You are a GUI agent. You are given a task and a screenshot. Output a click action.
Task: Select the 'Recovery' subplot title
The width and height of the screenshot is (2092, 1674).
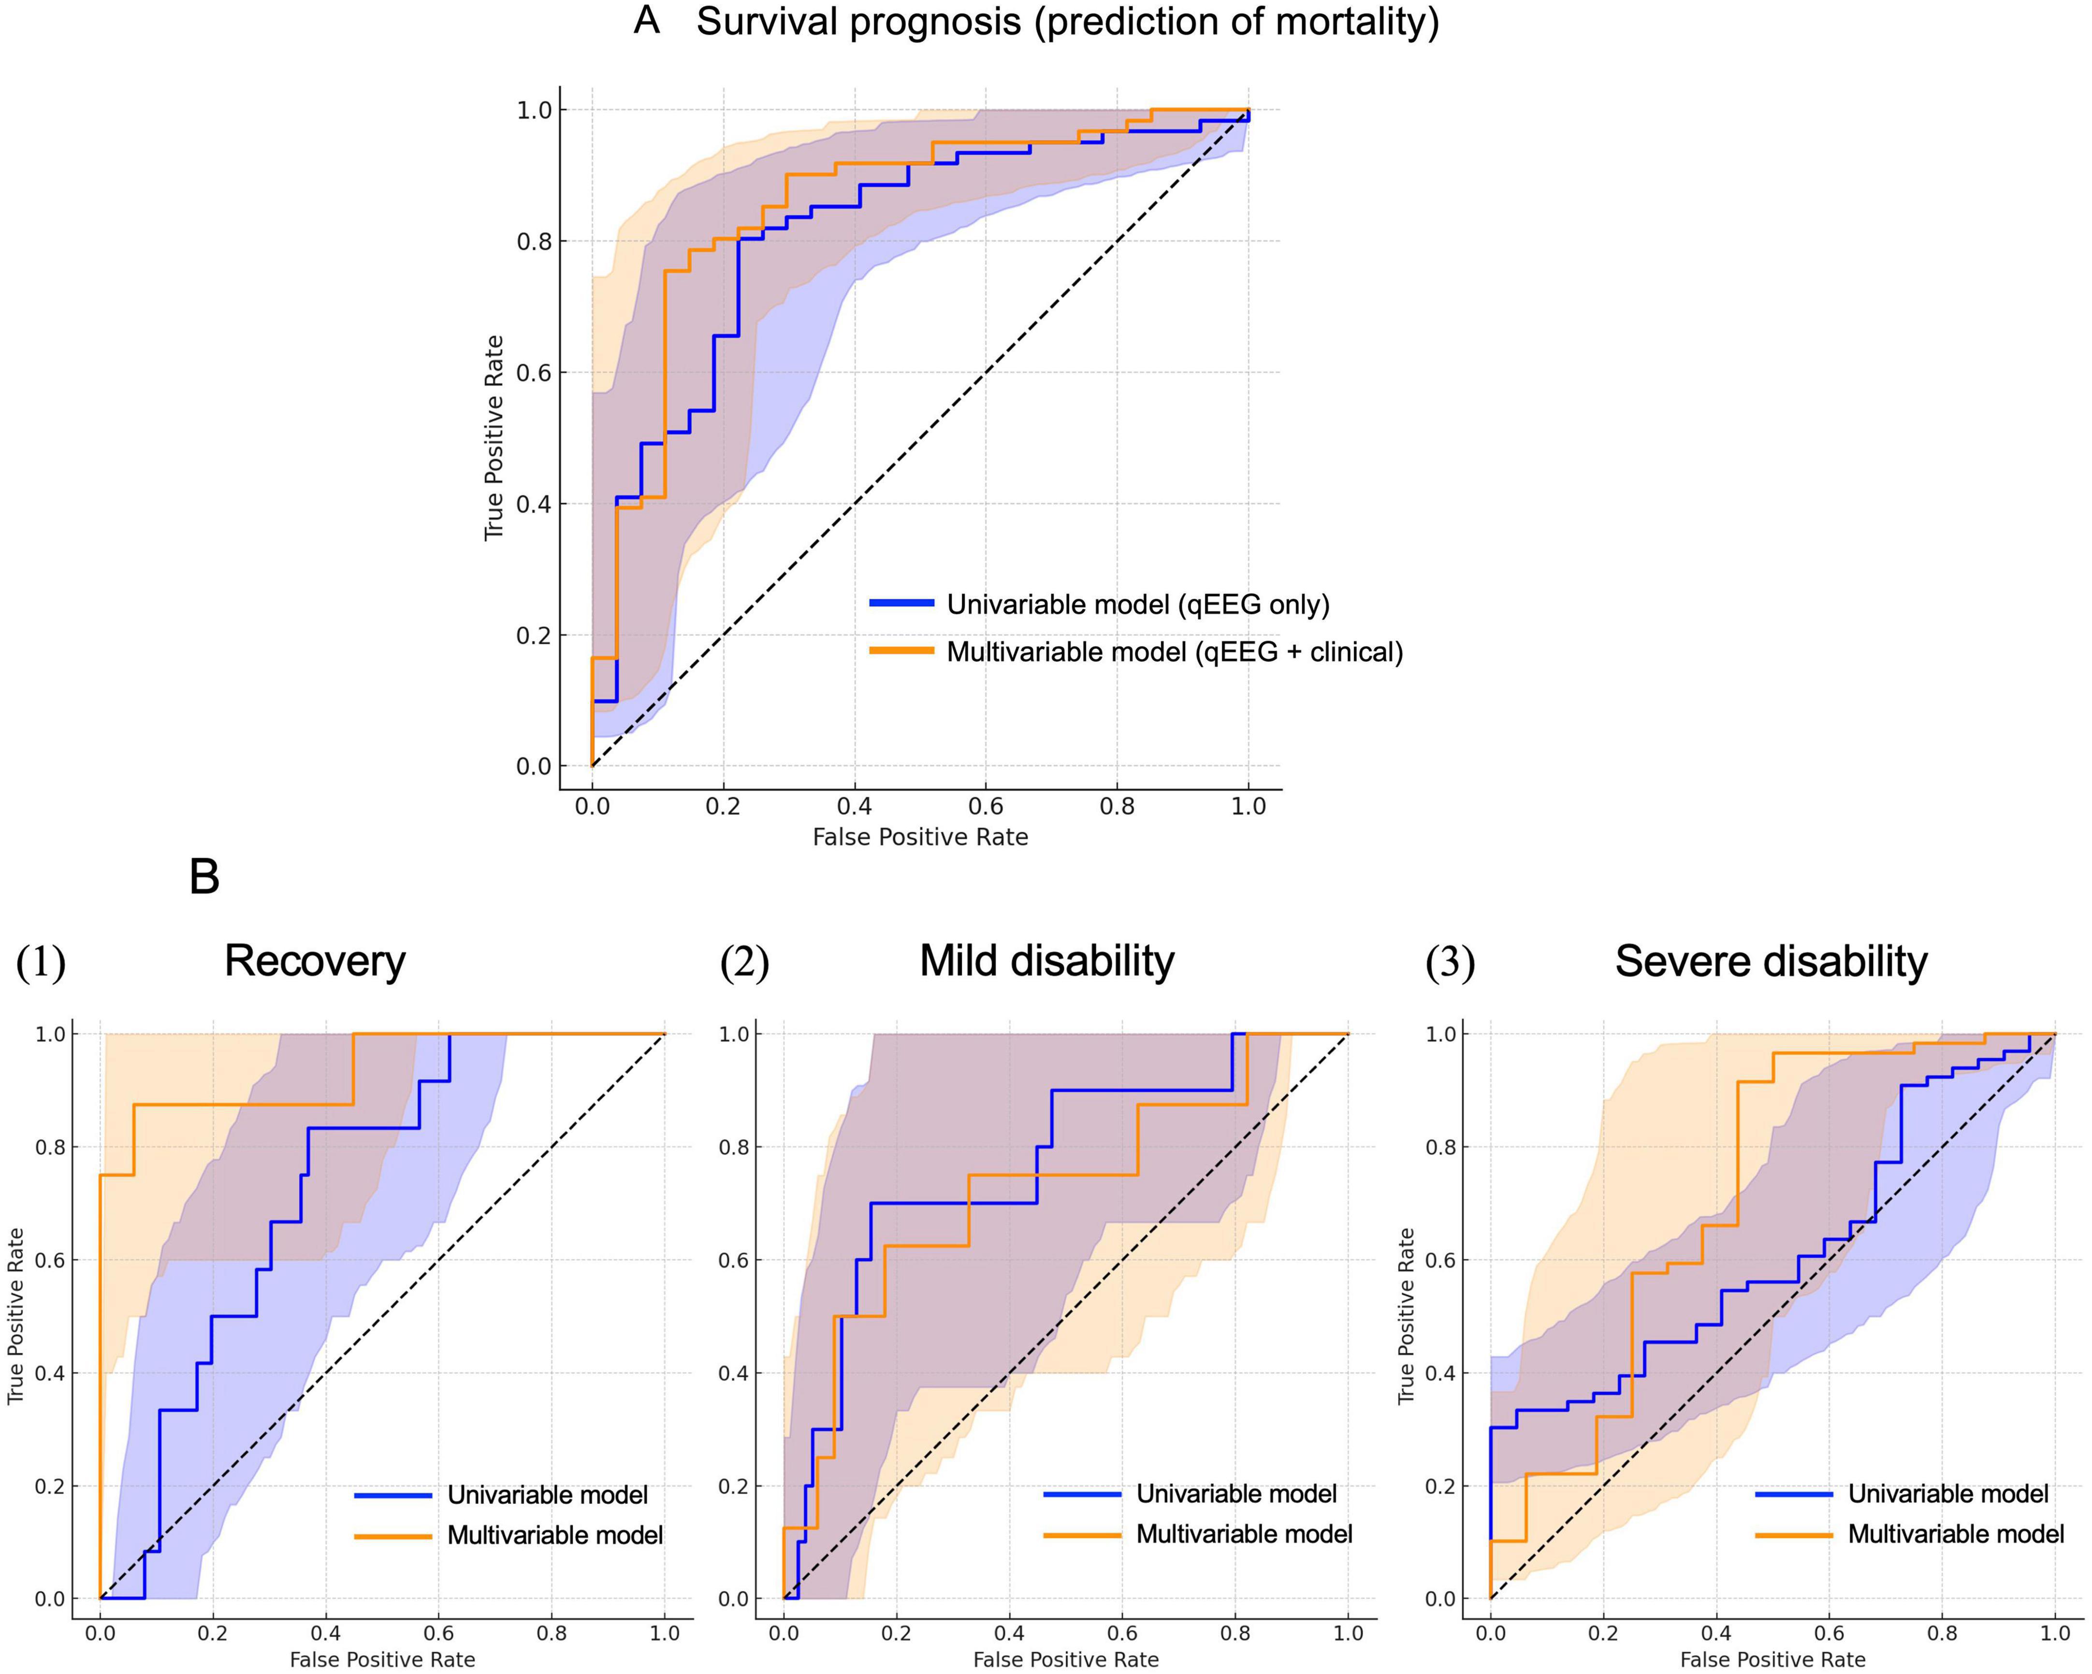tap(314, 961)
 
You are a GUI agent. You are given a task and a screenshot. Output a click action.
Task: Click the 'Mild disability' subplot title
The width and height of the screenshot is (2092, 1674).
tap(1047, 961)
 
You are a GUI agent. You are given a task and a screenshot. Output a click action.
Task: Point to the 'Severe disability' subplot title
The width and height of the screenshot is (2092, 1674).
tap(1771, 961)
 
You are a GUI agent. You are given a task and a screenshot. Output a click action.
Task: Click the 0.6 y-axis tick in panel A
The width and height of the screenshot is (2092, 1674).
tap(534, 373)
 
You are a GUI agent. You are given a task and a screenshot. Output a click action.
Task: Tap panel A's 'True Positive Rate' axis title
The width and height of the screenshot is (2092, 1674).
tap(495, 437)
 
